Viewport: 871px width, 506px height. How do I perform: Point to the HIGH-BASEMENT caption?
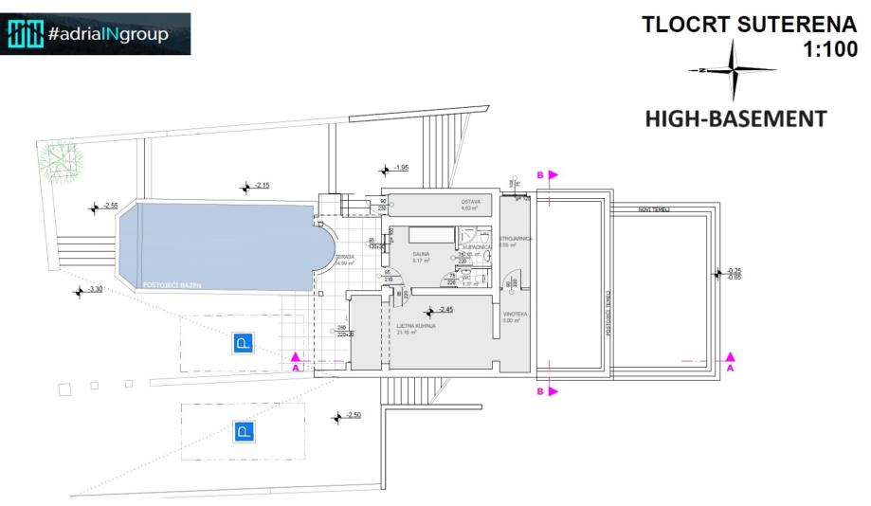[735, 119]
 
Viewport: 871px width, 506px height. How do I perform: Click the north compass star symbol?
[734, 71]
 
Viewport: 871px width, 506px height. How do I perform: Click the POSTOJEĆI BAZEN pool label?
[170, 284]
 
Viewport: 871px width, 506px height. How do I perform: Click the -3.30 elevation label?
[96, 289]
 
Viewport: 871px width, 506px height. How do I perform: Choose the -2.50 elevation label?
[354, 415]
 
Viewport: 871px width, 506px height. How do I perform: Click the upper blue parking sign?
[244, 343]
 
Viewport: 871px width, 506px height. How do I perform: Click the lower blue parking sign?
[244, 433]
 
